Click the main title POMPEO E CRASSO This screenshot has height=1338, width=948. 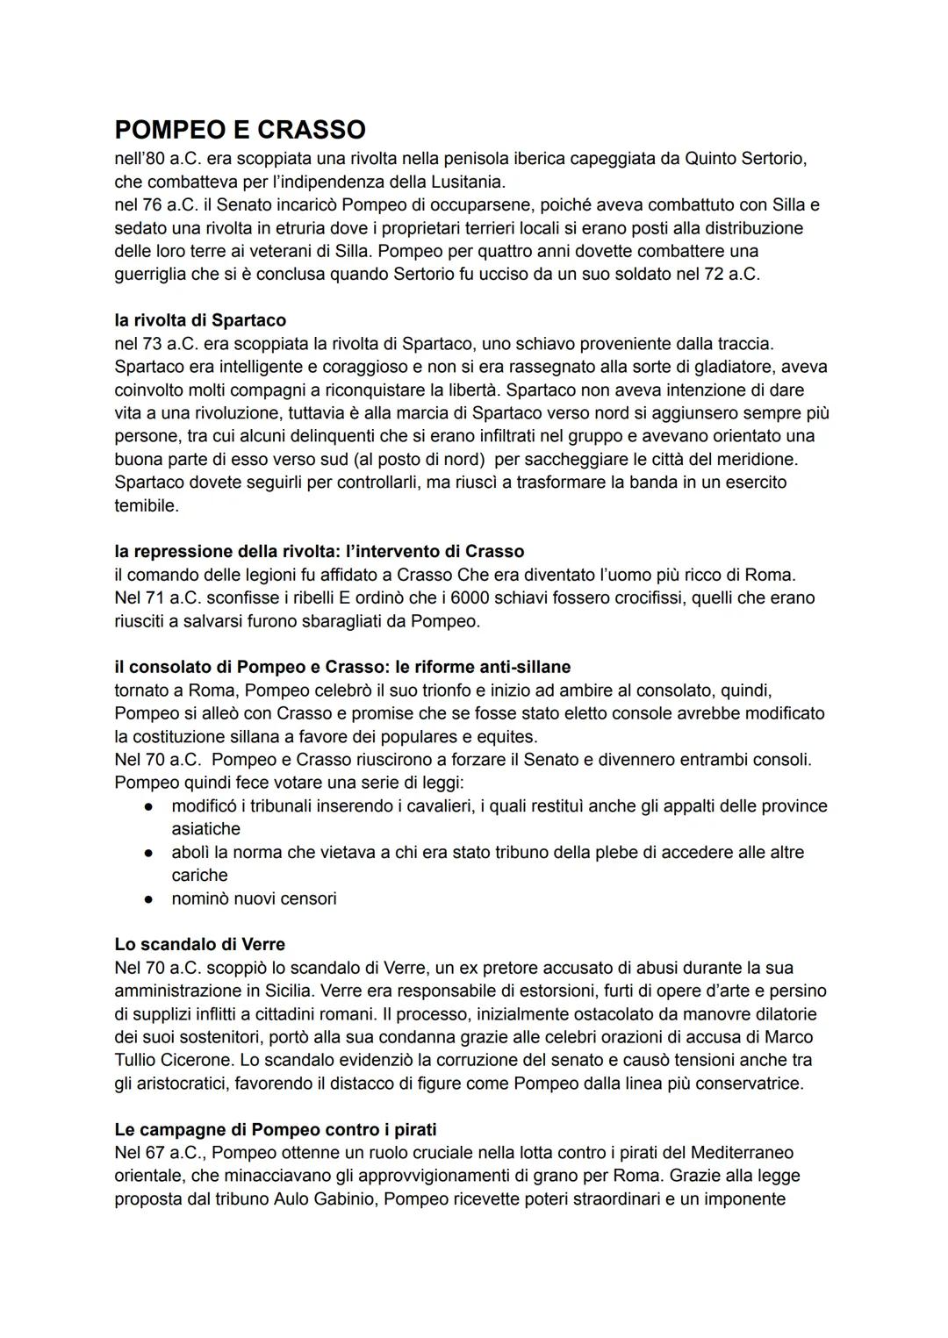pyautogui.click(x=240, y=130)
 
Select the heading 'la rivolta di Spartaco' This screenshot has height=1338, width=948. pyautogui.click(x=200, y=320)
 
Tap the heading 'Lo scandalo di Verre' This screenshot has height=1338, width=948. pyautogui.click(x=199, y=944)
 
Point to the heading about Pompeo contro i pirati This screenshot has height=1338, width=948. pyautogui.click(x=276, y=1129)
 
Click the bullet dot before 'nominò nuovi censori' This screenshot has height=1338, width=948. pyautogui.click(x=151, y=898)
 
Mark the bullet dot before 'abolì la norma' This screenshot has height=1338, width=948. pyautogui.click(x=151, y=852)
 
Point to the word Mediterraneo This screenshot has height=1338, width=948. pyautogui.click(x=742, y=1152)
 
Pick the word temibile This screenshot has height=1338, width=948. pyautogui.click(x=147, y=505)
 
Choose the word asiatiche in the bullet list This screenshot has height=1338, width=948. pyautogui.click(x=205, y=828)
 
